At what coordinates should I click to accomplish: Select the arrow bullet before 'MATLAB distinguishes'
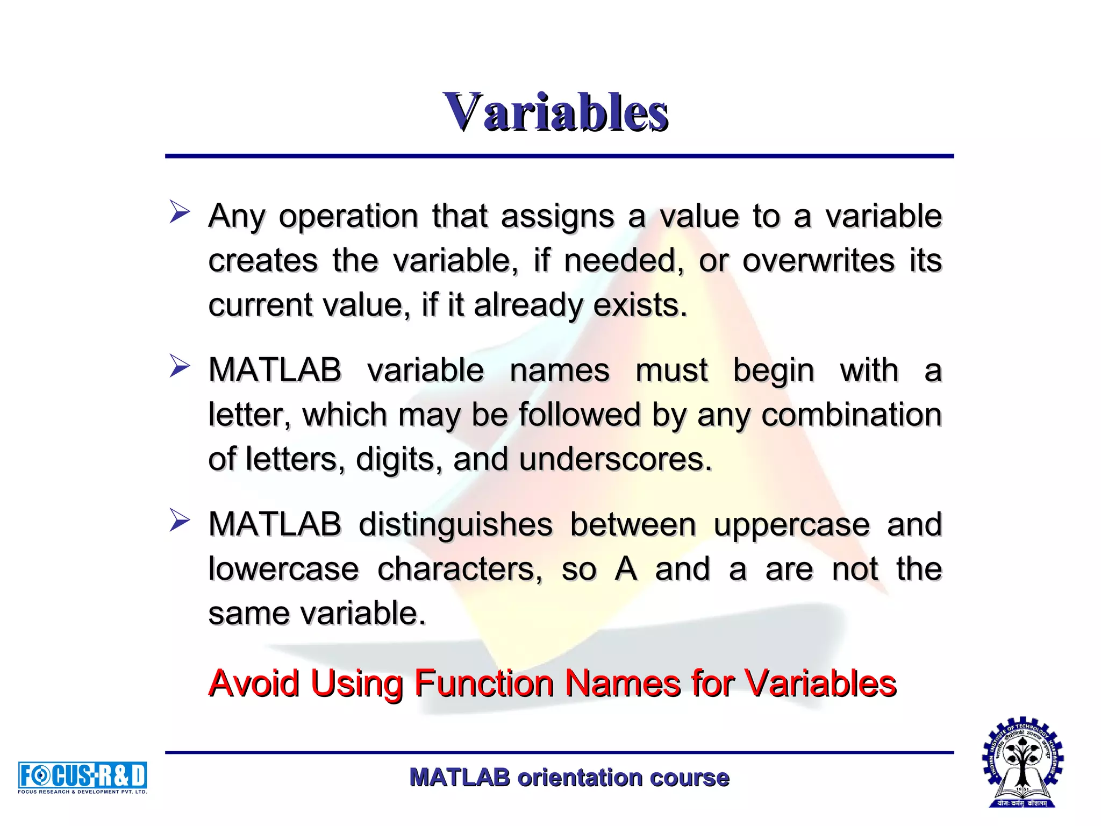click(x=180, y=520)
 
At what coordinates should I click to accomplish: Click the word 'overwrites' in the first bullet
click(x=818, y=260)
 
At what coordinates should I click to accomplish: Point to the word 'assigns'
click(x=557, y=217)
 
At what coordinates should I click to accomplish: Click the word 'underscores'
click(x=615, y=459)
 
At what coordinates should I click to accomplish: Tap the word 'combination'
click(x=852, y=415)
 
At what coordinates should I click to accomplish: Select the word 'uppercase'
click(x=791, y=525)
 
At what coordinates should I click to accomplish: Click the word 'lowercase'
click(x=283, y=569)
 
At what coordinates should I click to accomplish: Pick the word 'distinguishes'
click(x=455, y=525)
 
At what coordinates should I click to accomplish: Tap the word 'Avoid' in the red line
click(x=254, y=683)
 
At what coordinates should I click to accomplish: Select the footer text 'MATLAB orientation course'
click(x=569, y=778)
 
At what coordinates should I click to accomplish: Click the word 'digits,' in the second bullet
click(x=399, y=460)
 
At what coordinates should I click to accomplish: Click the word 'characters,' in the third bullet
click(x=460, y=569)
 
